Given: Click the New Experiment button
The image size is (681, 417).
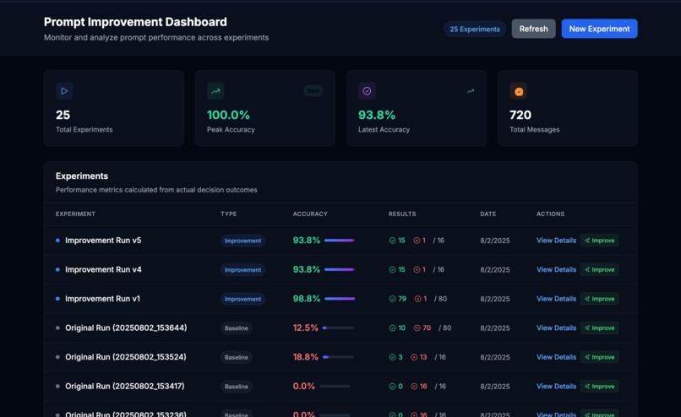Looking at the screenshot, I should click(x=599, y=29).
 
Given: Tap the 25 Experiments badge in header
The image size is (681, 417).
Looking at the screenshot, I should click(x=475, y=29).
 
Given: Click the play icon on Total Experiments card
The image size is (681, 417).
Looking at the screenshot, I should click(x=64, y=91).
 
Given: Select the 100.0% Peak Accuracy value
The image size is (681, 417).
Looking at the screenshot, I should click(x=228, y=115).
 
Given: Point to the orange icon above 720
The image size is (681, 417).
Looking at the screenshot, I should click(x=519, y=91).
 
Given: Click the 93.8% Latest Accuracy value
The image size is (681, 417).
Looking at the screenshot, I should click(x=377, y=115).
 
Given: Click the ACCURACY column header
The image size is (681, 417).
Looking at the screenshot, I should click(x=310, y=214).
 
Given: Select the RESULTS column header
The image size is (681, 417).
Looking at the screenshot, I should click(x=402, y=214).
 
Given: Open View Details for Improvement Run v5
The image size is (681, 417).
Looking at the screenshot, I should click(x=556, y=241).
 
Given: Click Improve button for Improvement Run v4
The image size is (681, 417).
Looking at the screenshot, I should click(x=599, y=270).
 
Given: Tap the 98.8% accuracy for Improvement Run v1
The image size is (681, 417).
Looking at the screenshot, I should click(x=307, y=299).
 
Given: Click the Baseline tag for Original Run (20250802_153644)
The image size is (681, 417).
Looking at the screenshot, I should click(x=237, y=328).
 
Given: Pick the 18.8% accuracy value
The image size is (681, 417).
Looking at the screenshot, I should click(x=305, y=357).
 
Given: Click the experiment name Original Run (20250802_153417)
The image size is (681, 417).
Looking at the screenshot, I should click(x=124, y=387).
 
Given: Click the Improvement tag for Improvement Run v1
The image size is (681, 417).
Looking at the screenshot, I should click(x=242, y=299).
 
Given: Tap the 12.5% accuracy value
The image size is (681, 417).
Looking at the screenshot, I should click(x=305, y=328).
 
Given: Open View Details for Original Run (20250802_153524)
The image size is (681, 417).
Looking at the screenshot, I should click(x=556, y=357).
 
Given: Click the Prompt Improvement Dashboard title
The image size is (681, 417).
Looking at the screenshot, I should click(x=135, y=22).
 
